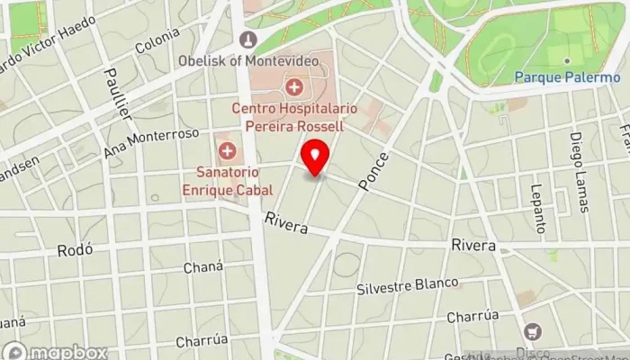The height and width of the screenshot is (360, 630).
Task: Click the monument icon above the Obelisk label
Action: (x=248, y=40)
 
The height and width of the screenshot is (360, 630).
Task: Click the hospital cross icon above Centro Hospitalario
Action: (x=293, y=87)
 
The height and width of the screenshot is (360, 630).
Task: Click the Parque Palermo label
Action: (x=567, y=77)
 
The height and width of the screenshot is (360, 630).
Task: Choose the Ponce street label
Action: (x=373, y=170)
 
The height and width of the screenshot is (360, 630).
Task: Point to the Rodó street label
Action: (x=75, y=250)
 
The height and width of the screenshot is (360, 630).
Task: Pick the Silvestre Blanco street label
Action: (x=407, y=285)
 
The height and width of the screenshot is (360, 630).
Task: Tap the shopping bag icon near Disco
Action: (x=533, y=331)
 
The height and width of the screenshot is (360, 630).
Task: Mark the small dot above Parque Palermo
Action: (x=567, y=61)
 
